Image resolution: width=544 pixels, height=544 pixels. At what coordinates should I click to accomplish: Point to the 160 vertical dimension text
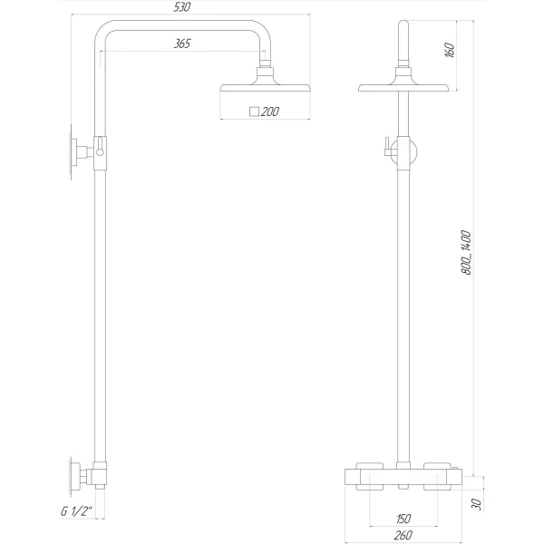coord(449,51)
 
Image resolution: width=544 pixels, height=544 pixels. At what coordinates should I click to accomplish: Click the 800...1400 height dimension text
coord(466,251)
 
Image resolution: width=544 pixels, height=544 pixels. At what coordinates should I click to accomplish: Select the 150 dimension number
coord(403,519)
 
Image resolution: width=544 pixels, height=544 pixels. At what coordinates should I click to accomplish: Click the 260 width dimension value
coord(403,535)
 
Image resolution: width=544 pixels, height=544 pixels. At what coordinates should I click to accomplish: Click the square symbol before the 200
coord(254,112)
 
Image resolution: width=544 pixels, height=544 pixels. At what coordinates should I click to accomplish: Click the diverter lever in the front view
coord(386,149)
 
